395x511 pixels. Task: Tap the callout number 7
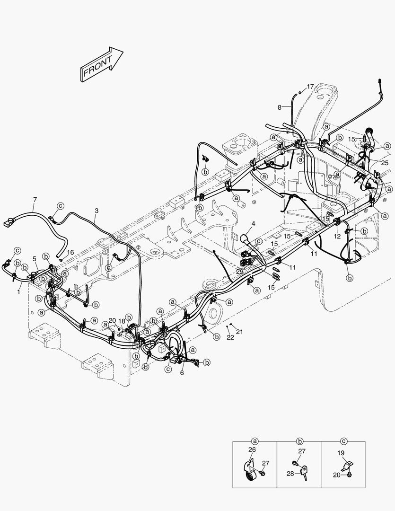[34, 200]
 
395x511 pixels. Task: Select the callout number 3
[97, 210]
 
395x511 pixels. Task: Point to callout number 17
[310, 87]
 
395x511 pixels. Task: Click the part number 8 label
[279, 107]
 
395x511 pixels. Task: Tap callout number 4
[253, 223]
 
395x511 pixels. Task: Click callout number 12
[337, 236]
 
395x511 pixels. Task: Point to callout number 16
[70, 252]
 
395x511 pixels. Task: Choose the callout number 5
[35, 259]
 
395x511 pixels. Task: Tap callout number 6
[182, 372]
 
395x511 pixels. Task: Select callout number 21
[239, 332]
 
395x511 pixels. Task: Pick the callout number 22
[230, 337]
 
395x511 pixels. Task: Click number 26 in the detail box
[252, 449]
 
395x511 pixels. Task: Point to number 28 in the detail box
[290, 473]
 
